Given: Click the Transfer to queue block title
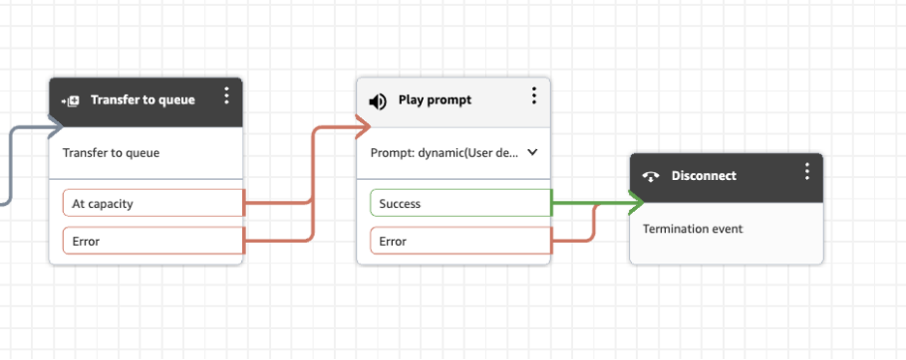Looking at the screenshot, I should tap(142, 100).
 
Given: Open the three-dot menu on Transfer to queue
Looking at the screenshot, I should tap(226, 96).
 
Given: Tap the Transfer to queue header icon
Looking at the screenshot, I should tap(70, 101).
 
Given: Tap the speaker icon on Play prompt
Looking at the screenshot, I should tap(378, 101).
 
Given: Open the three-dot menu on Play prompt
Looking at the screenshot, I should tap(534, 96).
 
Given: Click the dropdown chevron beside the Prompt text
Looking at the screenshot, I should tap(531, 153).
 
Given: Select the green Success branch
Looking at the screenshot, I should tap(460, 203).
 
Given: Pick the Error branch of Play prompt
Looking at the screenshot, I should tap(460, 241).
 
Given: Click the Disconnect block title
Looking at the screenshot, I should tap(704, 175).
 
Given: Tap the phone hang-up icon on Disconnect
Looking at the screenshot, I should tap(651, 176).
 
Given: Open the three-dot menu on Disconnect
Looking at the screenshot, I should tap(807, 171).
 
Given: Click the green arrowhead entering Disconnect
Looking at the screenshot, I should tap(636, 203).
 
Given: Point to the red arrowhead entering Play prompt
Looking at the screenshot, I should tap(362, 126).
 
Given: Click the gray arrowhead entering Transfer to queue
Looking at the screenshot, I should tap(53, 126).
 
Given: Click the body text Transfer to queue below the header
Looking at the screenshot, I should tap(111, 153).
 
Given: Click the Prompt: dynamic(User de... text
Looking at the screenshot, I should tap(445, 153).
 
